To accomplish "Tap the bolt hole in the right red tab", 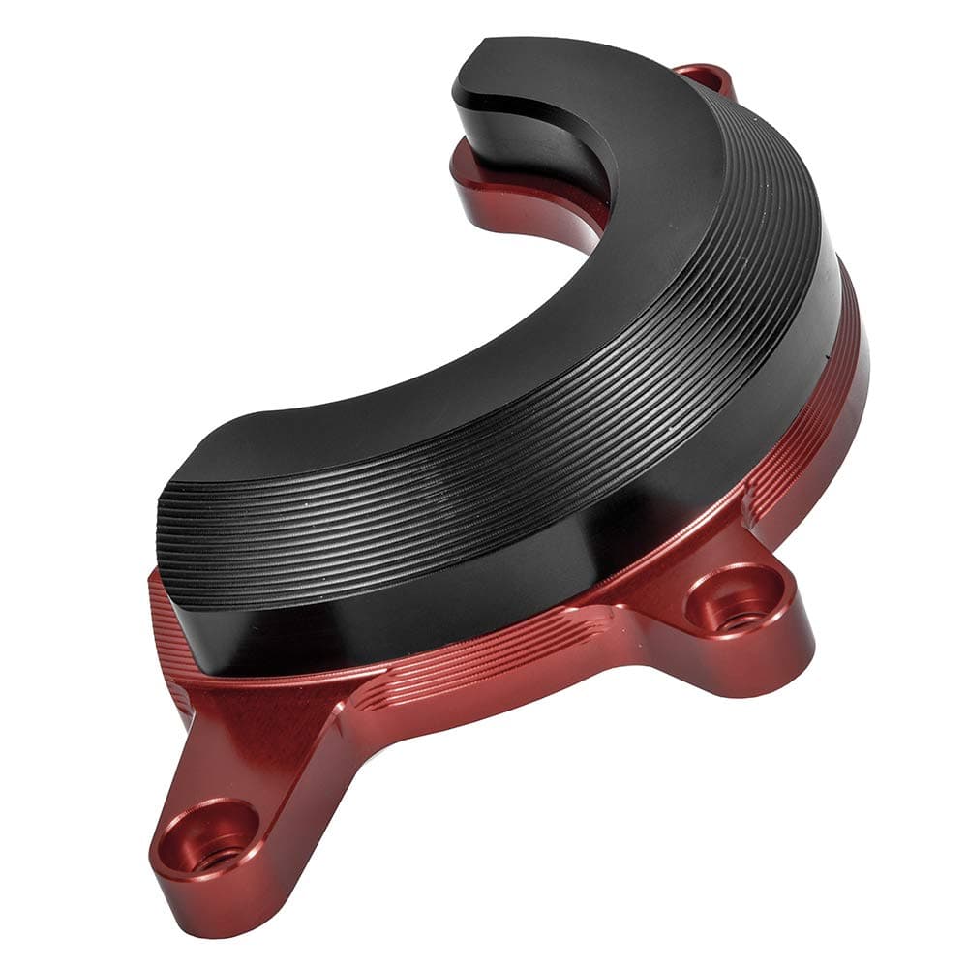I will coord(736,598).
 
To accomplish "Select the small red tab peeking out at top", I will coord(705,76).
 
